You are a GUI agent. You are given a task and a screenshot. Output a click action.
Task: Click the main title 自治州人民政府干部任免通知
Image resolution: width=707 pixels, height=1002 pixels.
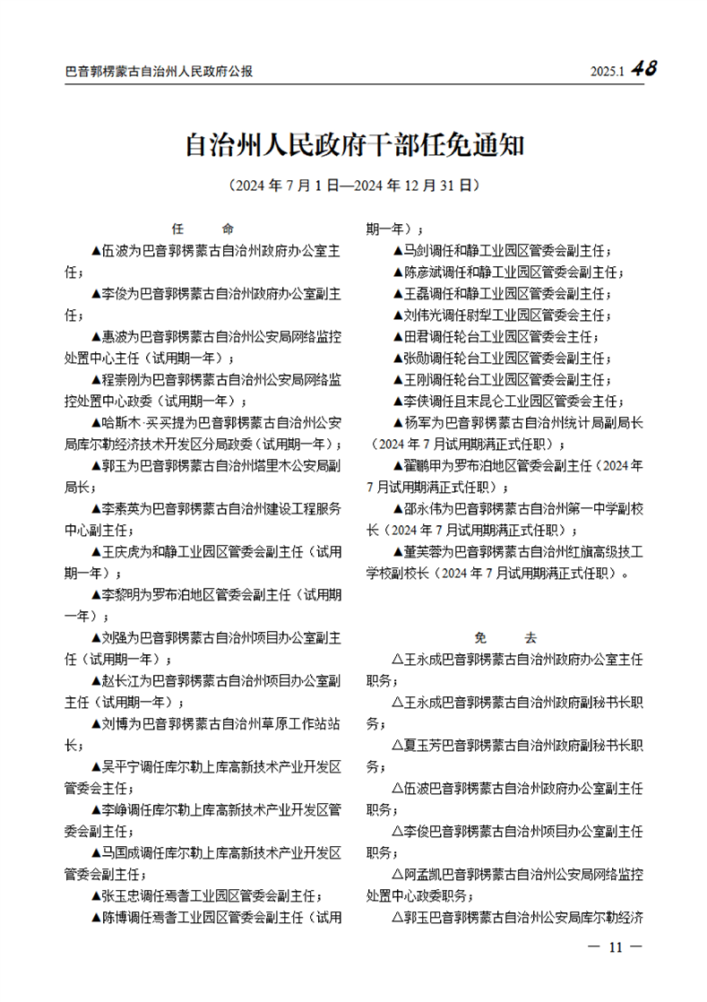[353, 145]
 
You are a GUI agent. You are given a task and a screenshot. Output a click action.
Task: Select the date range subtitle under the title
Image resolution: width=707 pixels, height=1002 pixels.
[353, 186]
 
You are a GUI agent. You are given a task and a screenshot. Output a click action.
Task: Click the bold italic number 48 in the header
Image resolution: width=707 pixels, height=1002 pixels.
[643, 69]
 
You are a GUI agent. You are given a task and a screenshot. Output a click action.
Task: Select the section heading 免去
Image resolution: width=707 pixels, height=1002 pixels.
[505, 638]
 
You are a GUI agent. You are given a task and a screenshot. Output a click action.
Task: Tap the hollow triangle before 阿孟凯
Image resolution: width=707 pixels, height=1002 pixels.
[398, 874]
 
